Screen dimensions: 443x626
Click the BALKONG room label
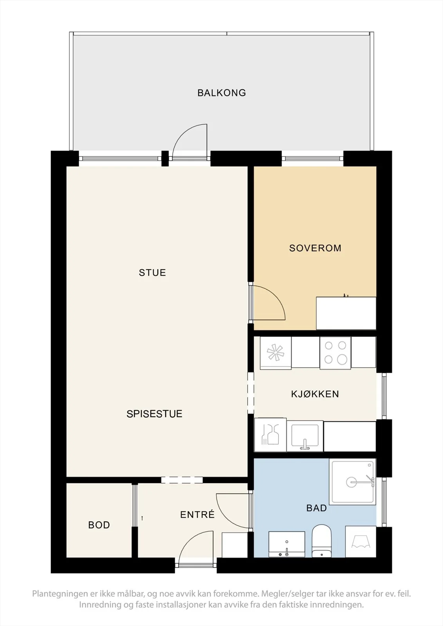[222, 93]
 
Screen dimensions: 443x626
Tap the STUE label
[152, 272]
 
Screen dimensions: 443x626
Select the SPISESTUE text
[154, 414]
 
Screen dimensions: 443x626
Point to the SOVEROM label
[315, 248]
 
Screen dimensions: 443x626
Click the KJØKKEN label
[315, 394]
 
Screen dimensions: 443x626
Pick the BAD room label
[316, 508]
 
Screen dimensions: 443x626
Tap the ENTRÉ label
[197, 514]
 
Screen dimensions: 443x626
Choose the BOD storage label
[99, 525]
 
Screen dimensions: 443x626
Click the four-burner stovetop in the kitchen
[335, 353]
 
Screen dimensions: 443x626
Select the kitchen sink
[305, 436]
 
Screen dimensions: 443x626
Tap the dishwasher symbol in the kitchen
[270, 435]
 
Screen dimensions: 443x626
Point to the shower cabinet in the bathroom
[353, 482]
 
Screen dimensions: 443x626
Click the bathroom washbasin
[287, 544]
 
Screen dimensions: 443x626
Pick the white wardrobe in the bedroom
[346, 313]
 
